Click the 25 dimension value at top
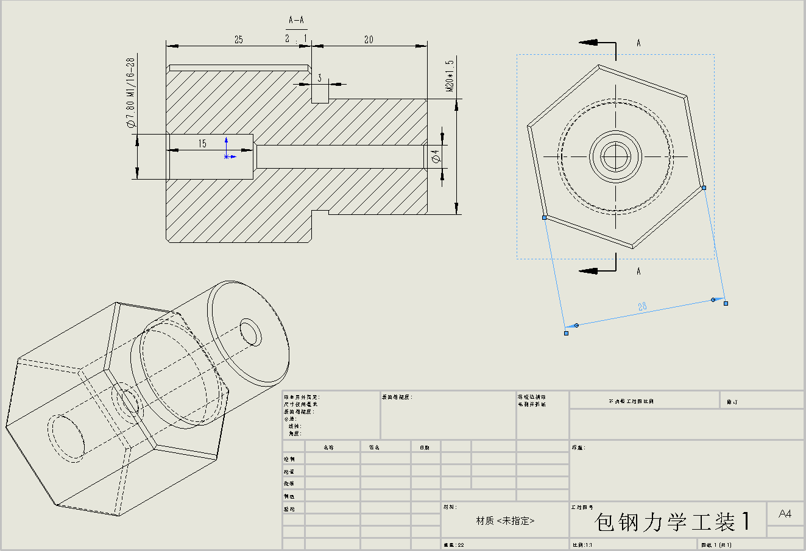pyautogui.click(x=238, y=40)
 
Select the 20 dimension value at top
pyautogui.click(x=369, y=40)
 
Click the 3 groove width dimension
pyautogui.click(x=319, y=78)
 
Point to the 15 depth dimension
pyautogui.click(x=202, y=144)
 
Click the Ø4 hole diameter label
pyautogui.click(x=435, y=156)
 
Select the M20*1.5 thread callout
pyautogui.click(x=450, y=75)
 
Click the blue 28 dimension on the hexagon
pyautogui.click(x=642, y=307)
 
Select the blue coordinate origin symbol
pyautogui.click(x=227, y=156)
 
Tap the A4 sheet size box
pyautogui.click(x=785, y=514)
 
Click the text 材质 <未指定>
pyautogui.click(x=505, y=521)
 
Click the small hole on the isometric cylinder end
pyautogui.click(x=250, y=331)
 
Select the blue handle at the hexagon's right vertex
pyautogui.click(x=704, y=188)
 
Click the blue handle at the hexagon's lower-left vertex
pyautogui.click(x=544, y=217)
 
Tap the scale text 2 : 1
pyautogui.click(x=296, y=38)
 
